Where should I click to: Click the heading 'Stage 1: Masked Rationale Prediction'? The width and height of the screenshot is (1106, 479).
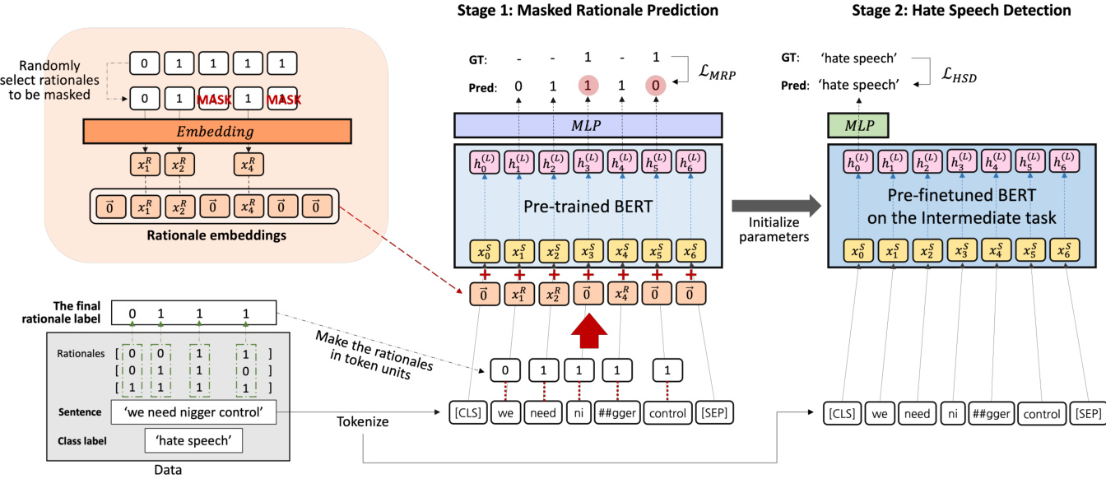point(588,11)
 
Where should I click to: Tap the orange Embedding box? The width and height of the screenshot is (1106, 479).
point(217,131)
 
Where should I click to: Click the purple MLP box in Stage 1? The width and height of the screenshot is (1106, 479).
point(588,125)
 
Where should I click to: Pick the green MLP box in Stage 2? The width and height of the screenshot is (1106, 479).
point(857,125)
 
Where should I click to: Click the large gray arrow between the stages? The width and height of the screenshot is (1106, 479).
point(774,205)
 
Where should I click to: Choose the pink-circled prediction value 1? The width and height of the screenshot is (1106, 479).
point(588,86)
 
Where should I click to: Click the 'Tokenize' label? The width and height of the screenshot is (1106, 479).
point(362,421)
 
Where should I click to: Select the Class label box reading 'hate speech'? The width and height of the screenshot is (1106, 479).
point(194,440)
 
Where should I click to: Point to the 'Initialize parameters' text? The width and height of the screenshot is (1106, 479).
point(774,230)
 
